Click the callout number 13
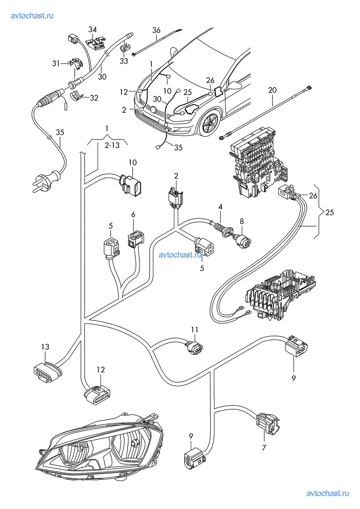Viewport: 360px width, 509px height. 45,347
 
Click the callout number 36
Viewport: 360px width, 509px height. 156,30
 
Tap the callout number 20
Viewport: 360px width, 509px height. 273,90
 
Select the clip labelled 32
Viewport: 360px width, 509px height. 77,96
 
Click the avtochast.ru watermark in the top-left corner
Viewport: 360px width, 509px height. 33,16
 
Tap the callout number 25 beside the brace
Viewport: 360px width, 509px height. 330,212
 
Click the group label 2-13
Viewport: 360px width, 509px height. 112,146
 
